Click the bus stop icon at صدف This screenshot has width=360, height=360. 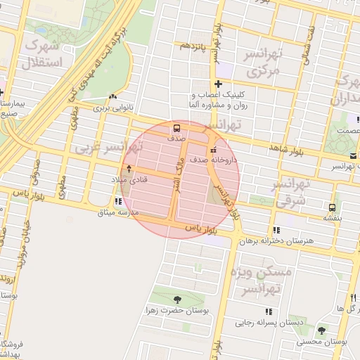176,128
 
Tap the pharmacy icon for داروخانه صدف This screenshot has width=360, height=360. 213,149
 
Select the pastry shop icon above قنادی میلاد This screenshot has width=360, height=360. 129,169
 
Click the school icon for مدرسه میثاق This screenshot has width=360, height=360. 117,202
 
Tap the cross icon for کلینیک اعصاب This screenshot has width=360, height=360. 219,84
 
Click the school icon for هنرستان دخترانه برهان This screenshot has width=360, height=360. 277,230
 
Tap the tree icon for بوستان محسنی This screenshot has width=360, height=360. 321,330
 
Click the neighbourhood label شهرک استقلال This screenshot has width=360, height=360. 43,53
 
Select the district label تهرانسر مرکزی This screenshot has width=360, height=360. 262,63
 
